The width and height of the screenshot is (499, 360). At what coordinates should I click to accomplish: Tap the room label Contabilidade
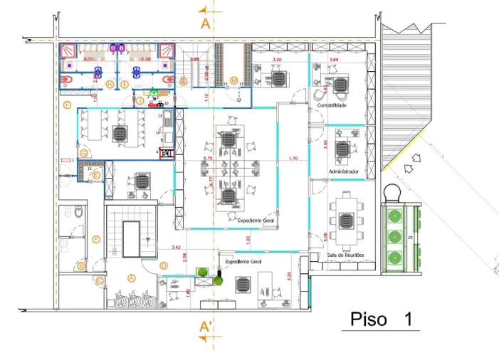coord(332,105)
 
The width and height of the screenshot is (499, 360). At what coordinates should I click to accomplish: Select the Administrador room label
coord(343,172)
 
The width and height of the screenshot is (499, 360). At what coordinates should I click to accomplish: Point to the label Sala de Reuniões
coord(345,255)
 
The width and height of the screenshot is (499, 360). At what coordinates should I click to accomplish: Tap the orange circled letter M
coord(233,80)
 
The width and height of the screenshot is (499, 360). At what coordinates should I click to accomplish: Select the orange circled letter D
coord(164,265)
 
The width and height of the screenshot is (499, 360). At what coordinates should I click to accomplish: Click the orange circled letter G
coord(84,153)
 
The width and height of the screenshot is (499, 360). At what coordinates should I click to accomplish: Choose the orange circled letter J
coord(140,101)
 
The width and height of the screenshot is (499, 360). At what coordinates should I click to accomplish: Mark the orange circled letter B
coord(81,266)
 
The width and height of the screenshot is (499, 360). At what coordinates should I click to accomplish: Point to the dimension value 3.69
coord(334,60)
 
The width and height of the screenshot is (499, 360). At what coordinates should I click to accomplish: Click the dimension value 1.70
coord(293,158)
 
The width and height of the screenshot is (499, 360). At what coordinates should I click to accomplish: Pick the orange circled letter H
coord(110,84)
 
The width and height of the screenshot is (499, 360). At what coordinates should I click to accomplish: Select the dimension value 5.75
coord(208,158)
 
